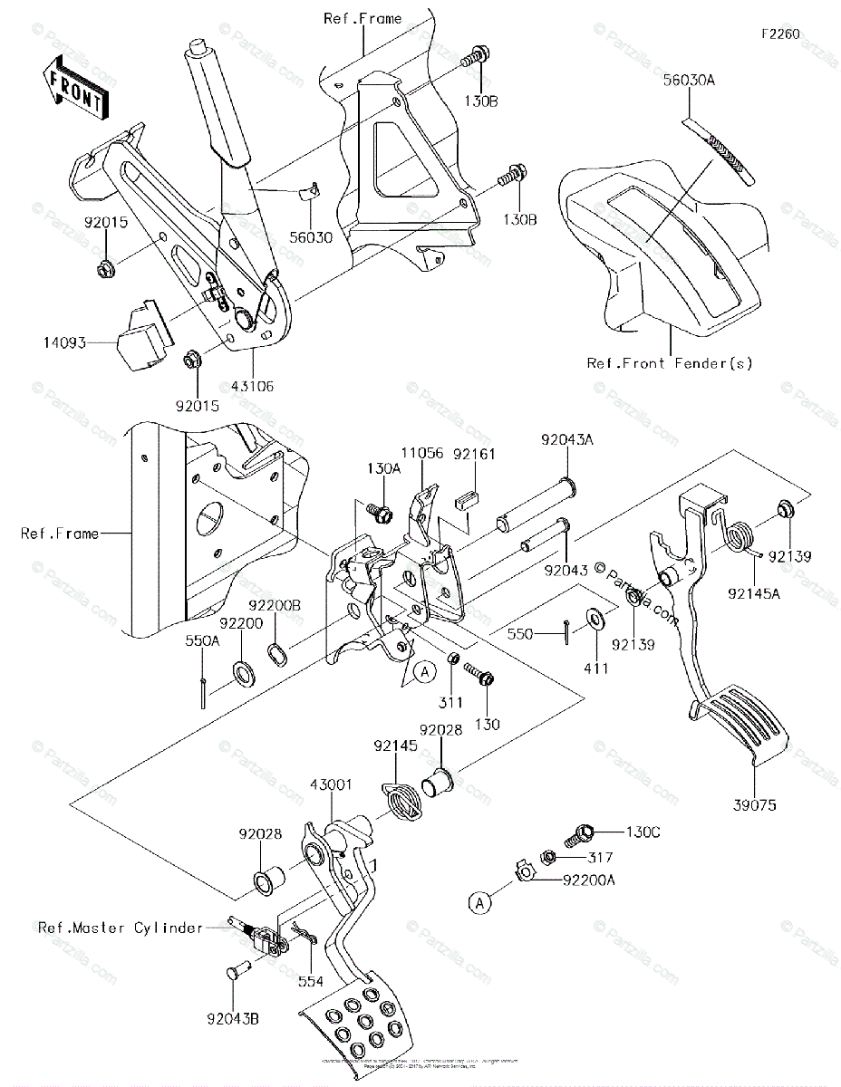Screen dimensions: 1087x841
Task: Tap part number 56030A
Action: (689, 80)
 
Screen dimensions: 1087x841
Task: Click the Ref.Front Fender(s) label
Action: (670, 363)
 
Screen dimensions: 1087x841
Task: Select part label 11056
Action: (422, 453)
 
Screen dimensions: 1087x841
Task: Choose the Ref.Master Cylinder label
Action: (121, 928)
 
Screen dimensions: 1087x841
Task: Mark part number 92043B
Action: (237, 1019)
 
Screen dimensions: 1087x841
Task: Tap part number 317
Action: (600, 857)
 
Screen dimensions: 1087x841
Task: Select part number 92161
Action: (469, 453)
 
